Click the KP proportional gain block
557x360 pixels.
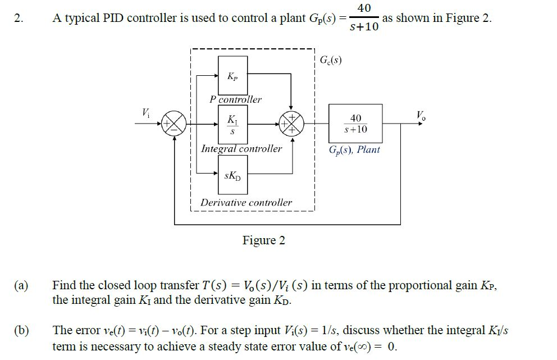point(232,75)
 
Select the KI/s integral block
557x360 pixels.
point(232,124)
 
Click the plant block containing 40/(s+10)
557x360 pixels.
point(355,124)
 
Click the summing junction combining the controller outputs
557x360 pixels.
point(291,124)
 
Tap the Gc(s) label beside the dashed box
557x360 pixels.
point(331,60)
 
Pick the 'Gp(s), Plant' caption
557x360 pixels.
point(355,150)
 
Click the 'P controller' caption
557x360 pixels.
point(235,99)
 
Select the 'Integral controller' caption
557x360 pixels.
point(241,149)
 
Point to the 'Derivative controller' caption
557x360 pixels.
point(246,202)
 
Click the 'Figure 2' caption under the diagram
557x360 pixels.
point(263,240)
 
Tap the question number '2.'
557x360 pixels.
point(20,18)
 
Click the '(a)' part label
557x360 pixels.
point(21,285)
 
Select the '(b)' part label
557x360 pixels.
point(21,331)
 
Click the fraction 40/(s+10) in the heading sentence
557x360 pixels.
point(364,17)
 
